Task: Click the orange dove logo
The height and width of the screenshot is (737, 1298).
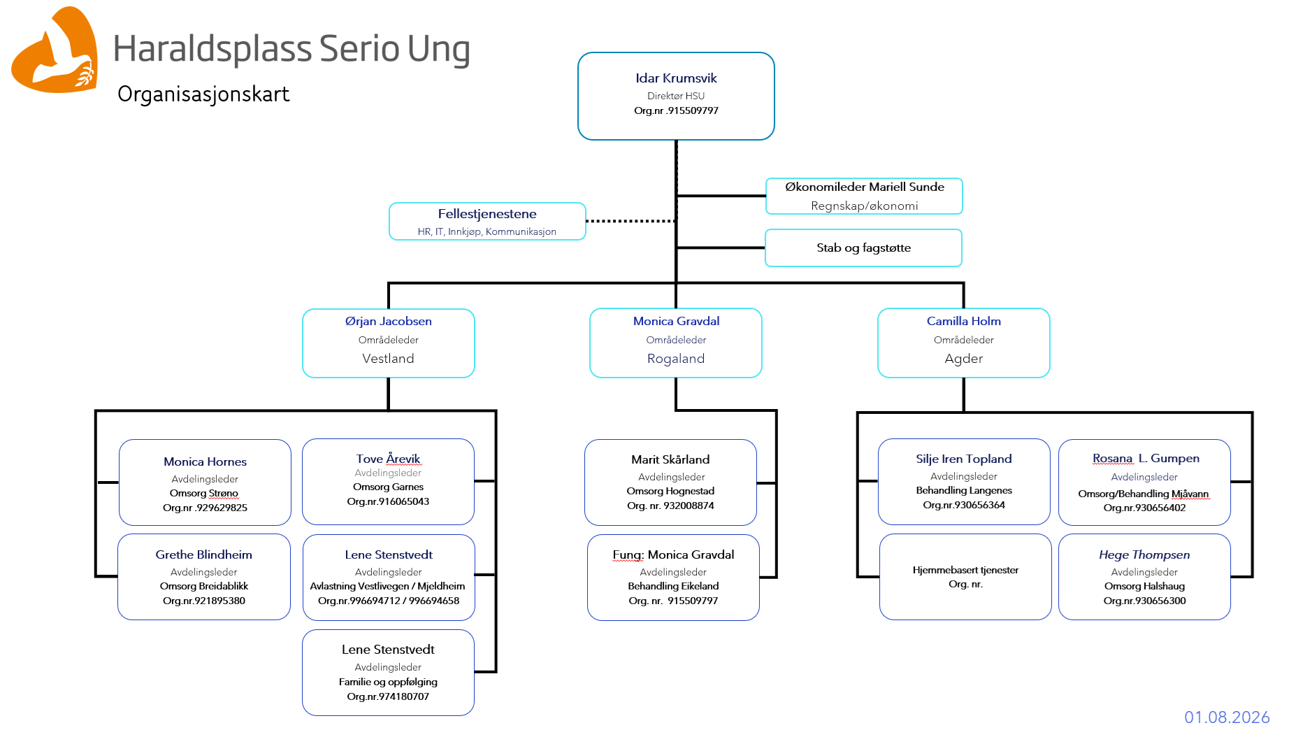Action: pyautogui.click(x=55, y=50)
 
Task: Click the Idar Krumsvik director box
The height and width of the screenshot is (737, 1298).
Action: pyautogui.click(x=676, y=96)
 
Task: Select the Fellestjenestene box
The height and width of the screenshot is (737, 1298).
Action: pyautogui.click(x=487, y=221)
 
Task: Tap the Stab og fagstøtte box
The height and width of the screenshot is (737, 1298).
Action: pyautogui.click(x=863, y=248)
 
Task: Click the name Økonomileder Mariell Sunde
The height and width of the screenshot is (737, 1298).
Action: pyautogui.click(x=865, y=187)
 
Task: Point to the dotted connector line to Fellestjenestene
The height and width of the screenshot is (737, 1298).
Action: pyautogui.click(x=631, y=221)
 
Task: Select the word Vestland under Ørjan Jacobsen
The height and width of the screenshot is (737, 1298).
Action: pyautogui.click(x=388, y=359)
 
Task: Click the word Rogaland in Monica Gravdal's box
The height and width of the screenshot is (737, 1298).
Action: pyautogui.click(x=676, y=359)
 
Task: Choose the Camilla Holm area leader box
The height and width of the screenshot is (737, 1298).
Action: pyautogui.click(x=964, y=343)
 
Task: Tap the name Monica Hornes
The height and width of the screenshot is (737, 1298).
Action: pyautogui.click(x=205, y=461)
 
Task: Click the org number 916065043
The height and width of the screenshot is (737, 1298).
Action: pyautogui.click(x=388, y=501)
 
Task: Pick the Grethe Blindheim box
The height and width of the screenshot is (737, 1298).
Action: pyautogui.click(x=204, y=577)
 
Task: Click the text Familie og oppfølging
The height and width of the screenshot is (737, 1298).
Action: pyautogui.click(x=388, y=682)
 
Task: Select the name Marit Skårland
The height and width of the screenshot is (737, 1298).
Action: pyautogui.click(x=670, y=459)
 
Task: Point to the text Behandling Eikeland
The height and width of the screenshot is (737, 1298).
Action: pyautogui.click(x=673, y=586)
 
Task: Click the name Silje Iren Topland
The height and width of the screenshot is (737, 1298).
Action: pyautogui.click(x=964, y=459)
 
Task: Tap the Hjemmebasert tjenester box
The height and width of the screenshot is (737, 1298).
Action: pyautogui.click(x=965, y=577)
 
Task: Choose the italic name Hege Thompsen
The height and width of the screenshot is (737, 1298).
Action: pyautogui.click(x=1144, y=554)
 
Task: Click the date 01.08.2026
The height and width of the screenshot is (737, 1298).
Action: pyautogui.click(x=1227, y=717)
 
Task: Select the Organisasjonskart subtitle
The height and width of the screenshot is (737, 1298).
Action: pyautogui.click(x=203, y=94)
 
